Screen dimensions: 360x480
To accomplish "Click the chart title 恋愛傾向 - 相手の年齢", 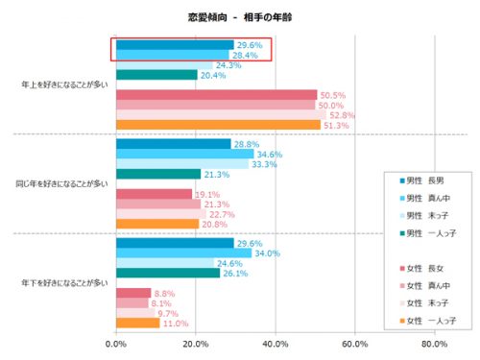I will click(x=239, y=16).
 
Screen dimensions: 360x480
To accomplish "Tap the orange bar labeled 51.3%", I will click(x=218, y=125).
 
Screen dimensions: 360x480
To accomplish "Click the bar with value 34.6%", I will click(x=184, y=154).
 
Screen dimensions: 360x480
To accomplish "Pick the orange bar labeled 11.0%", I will click(x=137, y=323).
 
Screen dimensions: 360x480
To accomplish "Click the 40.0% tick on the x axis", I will click(x=275, y=344).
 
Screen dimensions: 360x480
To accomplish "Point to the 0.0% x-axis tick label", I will click(x=116, y=344).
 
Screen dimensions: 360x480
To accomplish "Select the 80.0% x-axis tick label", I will click(x=434, y=344).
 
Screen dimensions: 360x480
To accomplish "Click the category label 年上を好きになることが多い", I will click(x=64, y=84).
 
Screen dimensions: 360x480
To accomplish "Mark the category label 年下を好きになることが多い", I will click(x=64, y=282).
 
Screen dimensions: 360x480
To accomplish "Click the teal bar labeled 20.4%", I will click(x=156, y=75).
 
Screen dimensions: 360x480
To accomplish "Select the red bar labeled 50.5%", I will click(x=216, y=95).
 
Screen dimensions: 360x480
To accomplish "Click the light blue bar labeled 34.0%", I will click(x=183, y=253).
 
